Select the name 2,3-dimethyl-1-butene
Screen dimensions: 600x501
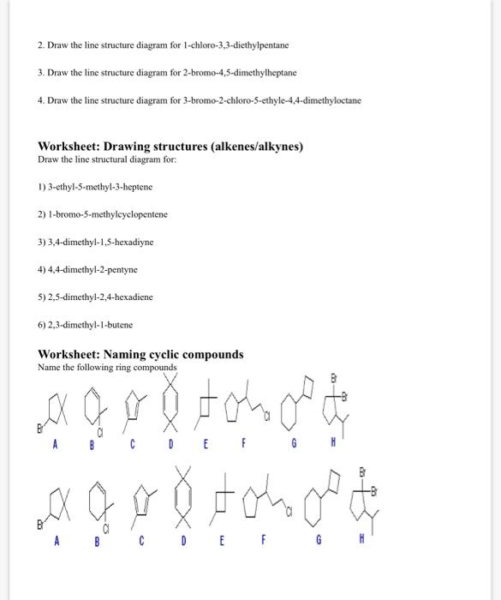(x=91, y=325)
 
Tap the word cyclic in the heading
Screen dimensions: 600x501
(x=158, y=354)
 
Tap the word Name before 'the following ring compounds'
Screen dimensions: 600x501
(x=49, y=367)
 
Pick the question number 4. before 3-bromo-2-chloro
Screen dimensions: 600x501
(x=41, y=99)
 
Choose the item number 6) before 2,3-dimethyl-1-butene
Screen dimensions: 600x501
(x=42, y=325)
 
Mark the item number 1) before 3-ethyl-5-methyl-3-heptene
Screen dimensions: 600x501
(x=42, y=185)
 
